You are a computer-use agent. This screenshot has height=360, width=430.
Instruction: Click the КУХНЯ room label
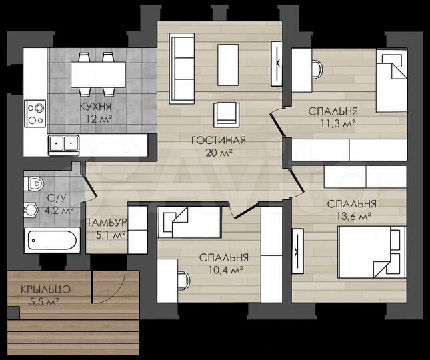point(96,106)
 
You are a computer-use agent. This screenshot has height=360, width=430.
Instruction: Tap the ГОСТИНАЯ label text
point(219,140)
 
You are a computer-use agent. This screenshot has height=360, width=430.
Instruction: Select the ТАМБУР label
point(107,223)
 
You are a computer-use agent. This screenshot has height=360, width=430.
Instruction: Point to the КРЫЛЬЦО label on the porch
point(45,289)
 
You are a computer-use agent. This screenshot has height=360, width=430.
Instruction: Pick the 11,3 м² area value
point(338,123)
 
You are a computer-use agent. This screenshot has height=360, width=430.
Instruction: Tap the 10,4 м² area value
point(226,271)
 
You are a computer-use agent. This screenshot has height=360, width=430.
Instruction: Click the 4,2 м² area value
point(59,211)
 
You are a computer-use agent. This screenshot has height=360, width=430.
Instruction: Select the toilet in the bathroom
point(34,183)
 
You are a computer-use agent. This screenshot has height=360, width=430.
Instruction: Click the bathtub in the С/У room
point(53,240)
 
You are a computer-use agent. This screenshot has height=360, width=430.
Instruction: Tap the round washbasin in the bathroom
point(30,210)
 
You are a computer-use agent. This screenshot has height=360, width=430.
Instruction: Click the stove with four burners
point(35,113)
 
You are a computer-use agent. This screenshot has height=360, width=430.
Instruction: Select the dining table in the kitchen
point(98,75)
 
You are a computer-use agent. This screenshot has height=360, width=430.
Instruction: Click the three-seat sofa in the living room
point(182,69)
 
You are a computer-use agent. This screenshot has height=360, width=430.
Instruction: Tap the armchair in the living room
point(227,115)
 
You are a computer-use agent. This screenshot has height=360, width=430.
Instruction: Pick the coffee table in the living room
point(228,65)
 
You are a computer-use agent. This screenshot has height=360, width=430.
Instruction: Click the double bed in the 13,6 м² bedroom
point(372,252)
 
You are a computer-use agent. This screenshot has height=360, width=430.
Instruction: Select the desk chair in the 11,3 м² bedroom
point(317,69)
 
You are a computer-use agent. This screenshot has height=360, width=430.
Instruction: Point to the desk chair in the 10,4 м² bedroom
point(184,280)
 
